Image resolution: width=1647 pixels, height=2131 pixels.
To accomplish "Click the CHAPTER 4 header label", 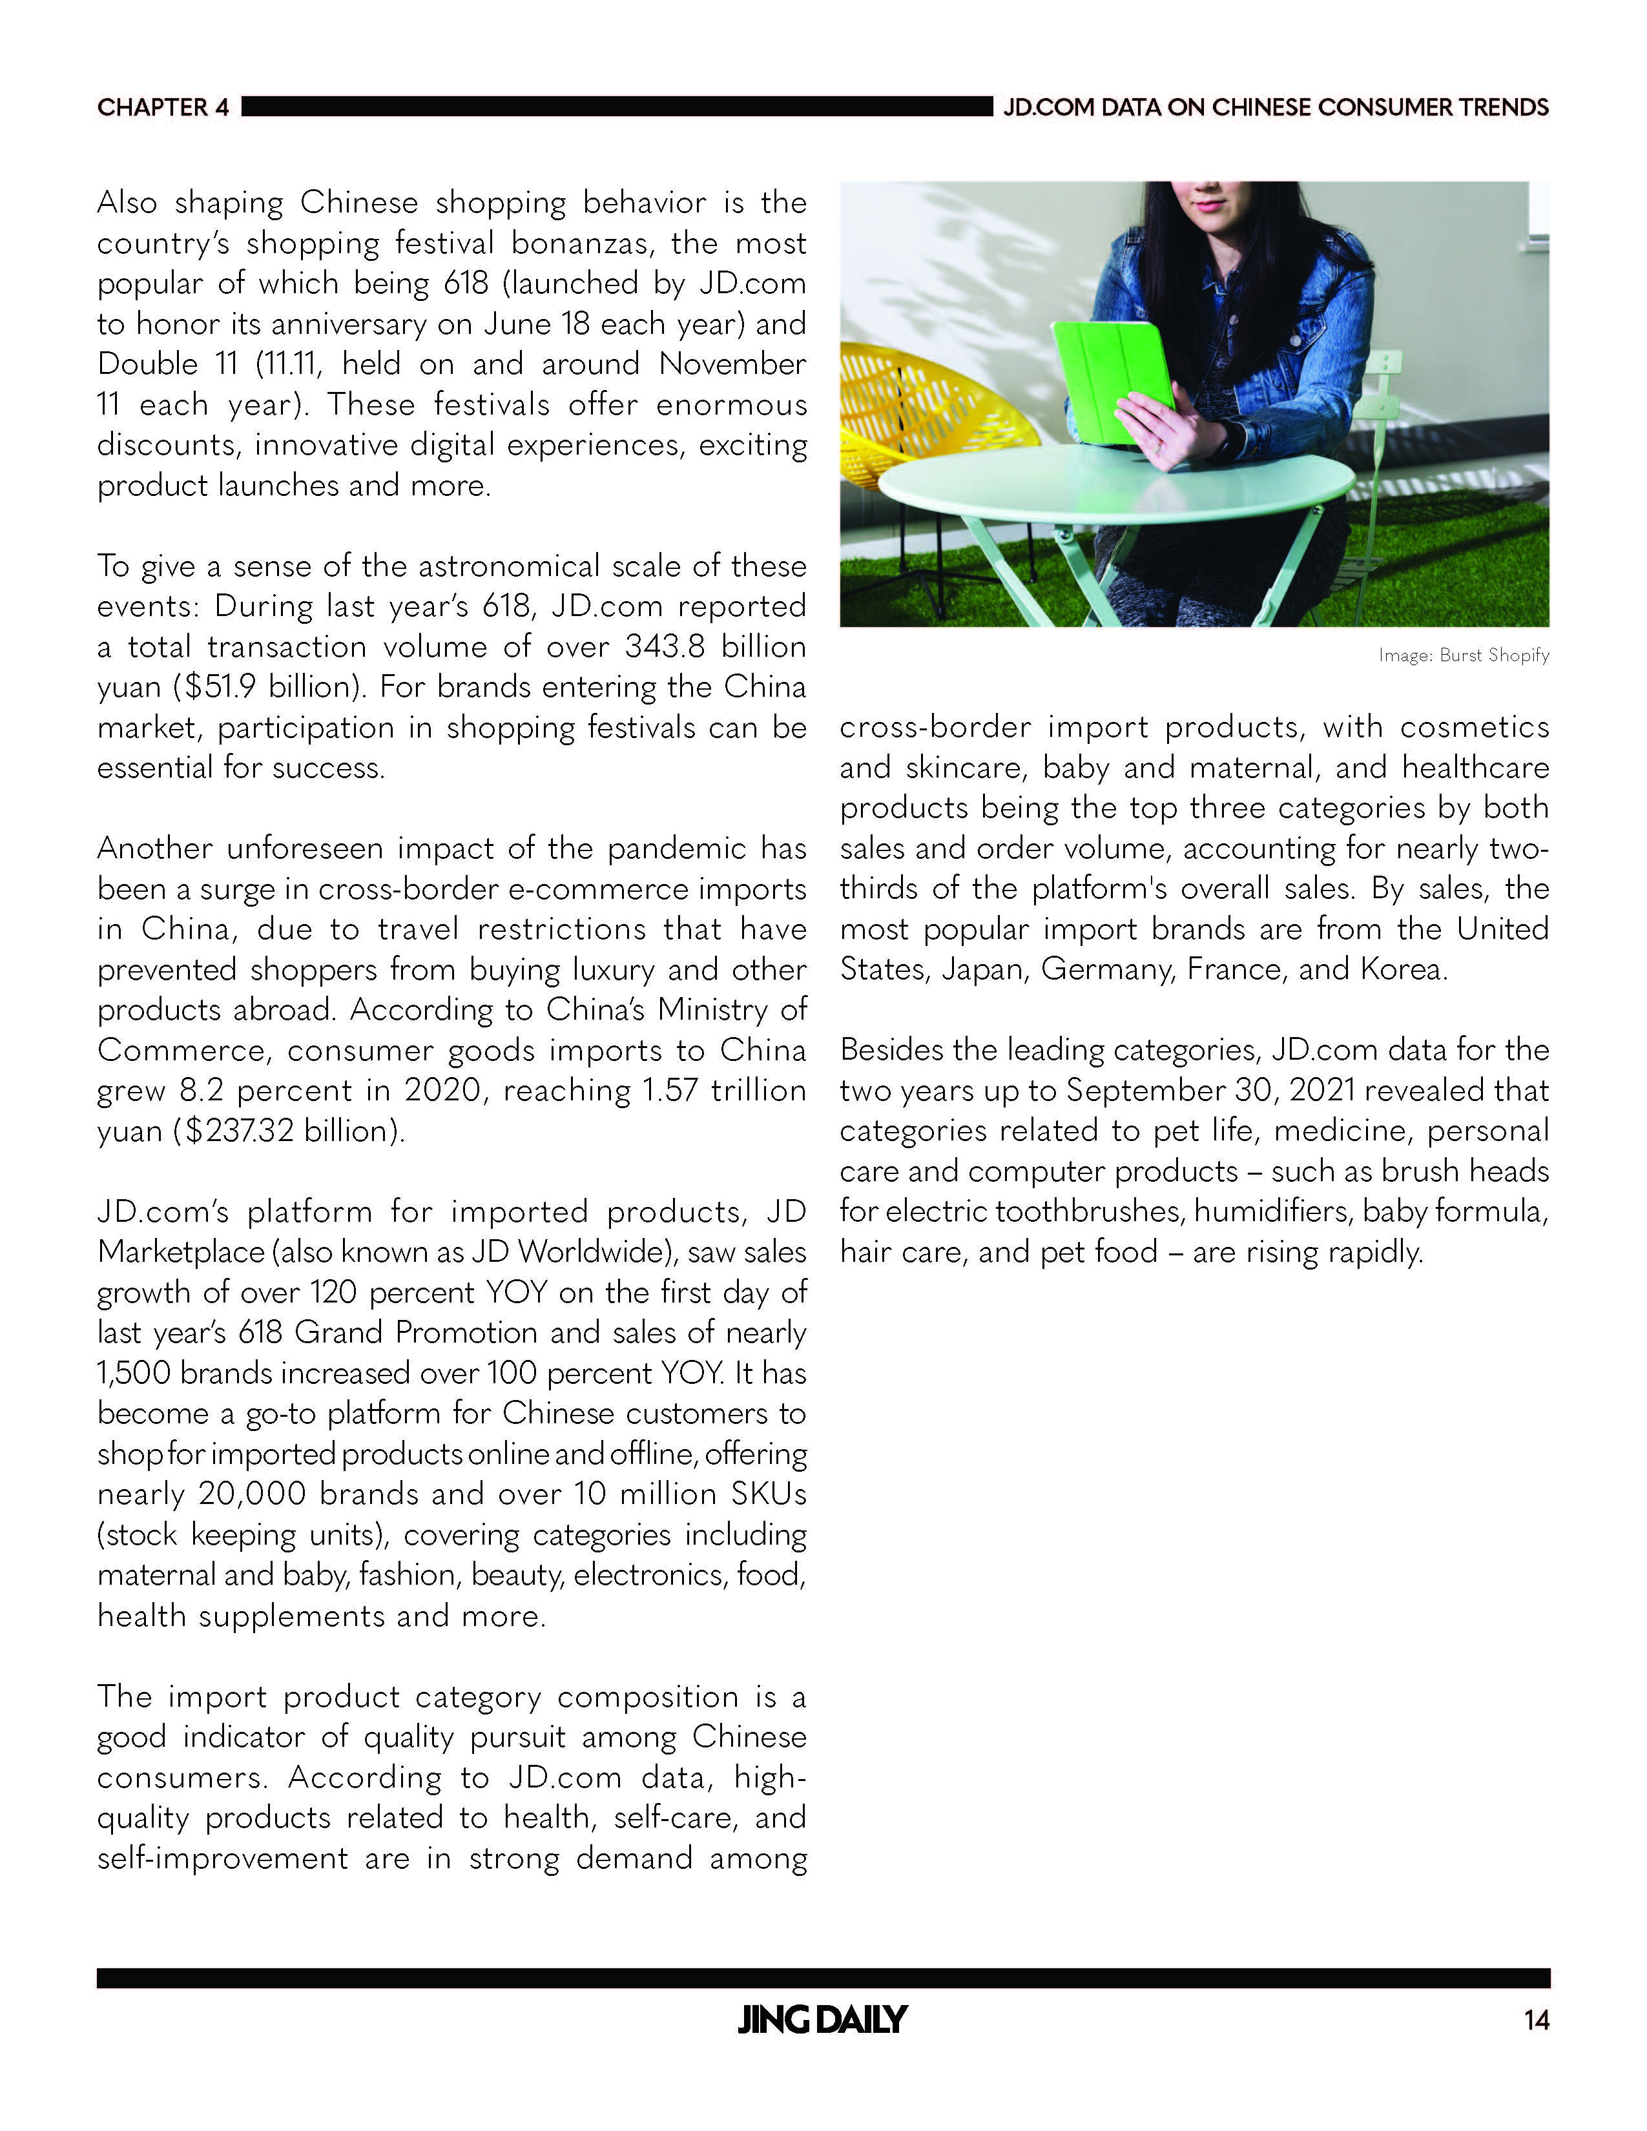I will [163, 107].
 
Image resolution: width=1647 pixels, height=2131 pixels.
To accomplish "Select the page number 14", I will [1537, 2021].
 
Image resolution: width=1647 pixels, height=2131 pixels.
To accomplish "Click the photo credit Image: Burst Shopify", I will [1464, 655].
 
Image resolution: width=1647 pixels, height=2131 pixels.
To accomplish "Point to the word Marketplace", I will [180, 1252].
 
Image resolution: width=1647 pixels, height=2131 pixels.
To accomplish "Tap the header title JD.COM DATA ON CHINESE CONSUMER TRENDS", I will [1275, 107].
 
